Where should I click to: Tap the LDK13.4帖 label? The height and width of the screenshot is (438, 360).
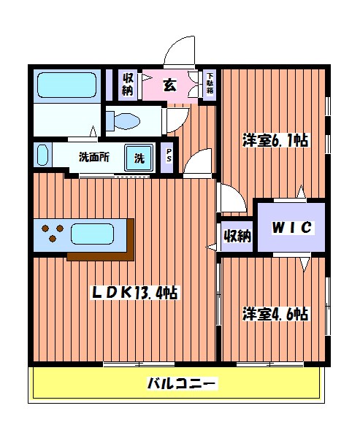coord(134,293)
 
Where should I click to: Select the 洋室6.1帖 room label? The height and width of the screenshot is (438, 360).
coord(275,141)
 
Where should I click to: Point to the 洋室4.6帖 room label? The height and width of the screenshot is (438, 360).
coord(275,314)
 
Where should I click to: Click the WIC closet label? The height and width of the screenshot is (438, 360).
coord(292,228)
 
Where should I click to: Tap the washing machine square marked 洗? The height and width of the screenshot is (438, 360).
coord(139,156)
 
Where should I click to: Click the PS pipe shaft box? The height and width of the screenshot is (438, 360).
coord(169,156)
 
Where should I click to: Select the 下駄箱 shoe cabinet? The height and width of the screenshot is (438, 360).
coord(210,82)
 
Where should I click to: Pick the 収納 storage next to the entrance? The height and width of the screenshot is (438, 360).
coord(128,85)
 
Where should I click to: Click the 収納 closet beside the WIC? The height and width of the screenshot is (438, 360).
coord(237,236)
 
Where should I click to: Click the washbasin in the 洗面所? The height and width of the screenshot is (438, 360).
coord(42,156)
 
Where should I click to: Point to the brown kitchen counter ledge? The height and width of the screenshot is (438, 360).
coord(102,255)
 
